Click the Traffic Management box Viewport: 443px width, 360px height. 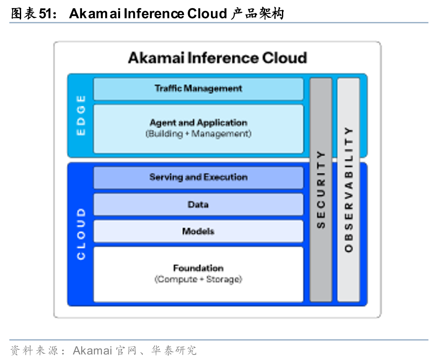click(x=198, y=89)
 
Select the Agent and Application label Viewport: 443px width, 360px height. click(x=198, y=123)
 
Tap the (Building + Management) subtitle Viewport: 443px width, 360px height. click(x=198, y=134)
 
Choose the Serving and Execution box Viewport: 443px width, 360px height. click(x=198, y=177)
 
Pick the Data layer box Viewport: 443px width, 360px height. click(x=198, y=205)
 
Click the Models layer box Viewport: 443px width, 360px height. click(x=198, y=231)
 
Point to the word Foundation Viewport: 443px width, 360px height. click(x=198, y=268)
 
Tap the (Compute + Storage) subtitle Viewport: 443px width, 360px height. click(x=198, y=279)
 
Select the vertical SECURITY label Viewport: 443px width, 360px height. click(x=321, y=189)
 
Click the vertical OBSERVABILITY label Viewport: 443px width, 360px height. click(x=348, y=189)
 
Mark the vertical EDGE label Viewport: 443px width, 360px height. click(x=80, y=115)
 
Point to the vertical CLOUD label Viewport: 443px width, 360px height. click(x=80, y=234)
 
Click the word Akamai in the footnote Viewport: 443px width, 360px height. click(x=92, y=350)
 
